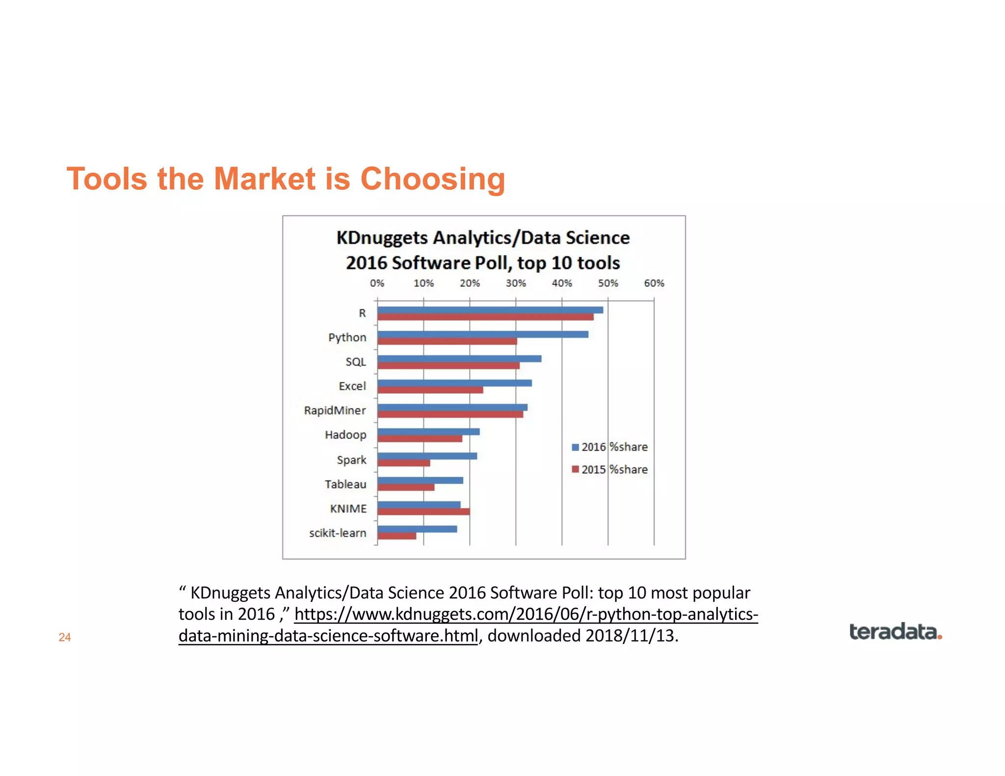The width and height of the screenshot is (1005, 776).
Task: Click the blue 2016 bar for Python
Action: pyautogui.click(x=483, y=334)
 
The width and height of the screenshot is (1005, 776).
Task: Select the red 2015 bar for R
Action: pyautogui.click(x=485, y=317)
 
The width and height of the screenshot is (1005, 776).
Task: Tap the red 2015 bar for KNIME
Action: pyautogui.click(x=423, y=512)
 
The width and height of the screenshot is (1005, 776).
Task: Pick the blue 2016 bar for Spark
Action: pyautogui.click(x=427, y=456)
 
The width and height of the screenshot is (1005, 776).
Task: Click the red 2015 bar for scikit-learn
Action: pyautogui.click(x=397, y=536)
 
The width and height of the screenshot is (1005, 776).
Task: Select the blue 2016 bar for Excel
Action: pyautogui.click(x=454, y=383)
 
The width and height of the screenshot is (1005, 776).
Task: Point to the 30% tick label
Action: pyautogui.click(x=516, y=283)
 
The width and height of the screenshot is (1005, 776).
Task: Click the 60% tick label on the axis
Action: pyautogui.click(x=654, y=283)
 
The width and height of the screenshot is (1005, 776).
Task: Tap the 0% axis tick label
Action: pyautogui.click(x=377, y=283)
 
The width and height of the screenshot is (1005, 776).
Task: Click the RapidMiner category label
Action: pyautogui.click(x=335, y=410)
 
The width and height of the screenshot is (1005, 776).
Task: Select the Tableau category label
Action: pyautogui.click(x=345, y=484)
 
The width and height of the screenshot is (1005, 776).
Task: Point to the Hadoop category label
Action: pyautogui.click(x=345, y=435)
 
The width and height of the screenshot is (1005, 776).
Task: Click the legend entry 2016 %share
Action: pyautogui.click(x=610, y=447)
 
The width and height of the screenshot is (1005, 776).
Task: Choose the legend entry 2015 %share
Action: pyautogui.click(x=610, y=469)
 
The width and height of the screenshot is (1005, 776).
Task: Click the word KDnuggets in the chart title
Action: pyautogui.click(x=382, y=238)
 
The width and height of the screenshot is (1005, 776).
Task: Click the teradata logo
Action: pyautogui.click(x=895, y=632)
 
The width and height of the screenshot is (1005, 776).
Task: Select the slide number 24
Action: pyautogui.click(x=65, y=637)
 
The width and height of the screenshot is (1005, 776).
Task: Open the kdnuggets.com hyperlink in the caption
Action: pyautogui.click(x=526, y=614)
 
